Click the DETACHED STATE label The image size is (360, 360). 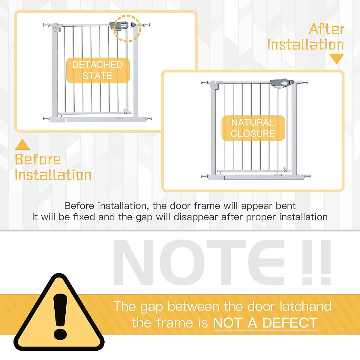(x=98, y=70)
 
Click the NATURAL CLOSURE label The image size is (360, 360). (x=253, y=128)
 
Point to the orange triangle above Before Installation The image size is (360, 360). (x=22, y=144)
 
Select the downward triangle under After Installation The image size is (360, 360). (x=337, y=59)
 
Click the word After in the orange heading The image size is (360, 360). (x=327, y=29)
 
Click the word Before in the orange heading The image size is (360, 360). (x=38, y=159)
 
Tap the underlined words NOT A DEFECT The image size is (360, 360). (x=265, y=322)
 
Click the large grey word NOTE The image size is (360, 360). (x=199, y=262)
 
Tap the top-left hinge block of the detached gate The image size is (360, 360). (x=55, y=28)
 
